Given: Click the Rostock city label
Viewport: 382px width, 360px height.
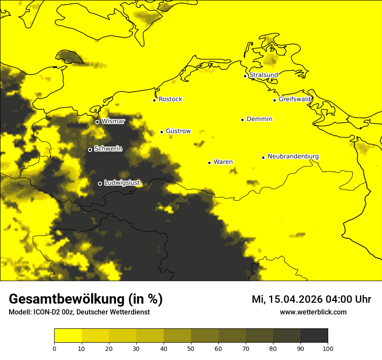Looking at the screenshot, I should pos(170,99).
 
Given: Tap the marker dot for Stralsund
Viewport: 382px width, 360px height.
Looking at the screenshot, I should pos(245,76).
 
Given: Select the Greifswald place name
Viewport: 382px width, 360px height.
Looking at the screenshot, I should pos(295,99).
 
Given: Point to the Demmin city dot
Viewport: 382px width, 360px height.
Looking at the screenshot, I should pos(242,120).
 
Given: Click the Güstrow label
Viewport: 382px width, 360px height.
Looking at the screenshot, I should pos(178,131).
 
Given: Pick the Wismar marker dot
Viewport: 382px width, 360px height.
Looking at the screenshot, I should pos(97,122).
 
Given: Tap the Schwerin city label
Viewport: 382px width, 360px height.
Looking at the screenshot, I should pos(108,149).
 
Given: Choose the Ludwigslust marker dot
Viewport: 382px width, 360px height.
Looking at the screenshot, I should pos(100,183).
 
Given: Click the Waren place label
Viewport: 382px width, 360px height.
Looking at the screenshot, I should pos(223,162).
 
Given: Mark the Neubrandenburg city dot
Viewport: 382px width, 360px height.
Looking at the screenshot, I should pos(263,157).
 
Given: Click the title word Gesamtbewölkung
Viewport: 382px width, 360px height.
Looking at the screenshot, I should pos(67,299).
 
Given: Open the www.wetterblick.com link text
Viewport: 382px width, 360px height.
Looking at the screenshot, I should pos(313,312).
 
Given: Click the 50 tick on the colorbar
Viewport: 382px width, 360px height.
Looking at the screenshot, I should pos(191,348).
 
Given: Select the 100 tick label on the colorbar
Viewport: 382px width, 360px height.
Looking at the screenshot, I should pos(328,348).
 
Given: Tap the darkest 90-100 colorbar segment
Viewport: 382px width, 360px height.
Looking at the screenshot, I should pos(314,336).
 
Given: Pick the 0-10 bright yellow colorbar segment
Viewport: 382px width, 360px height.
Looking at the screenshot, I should pos(68,336).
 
